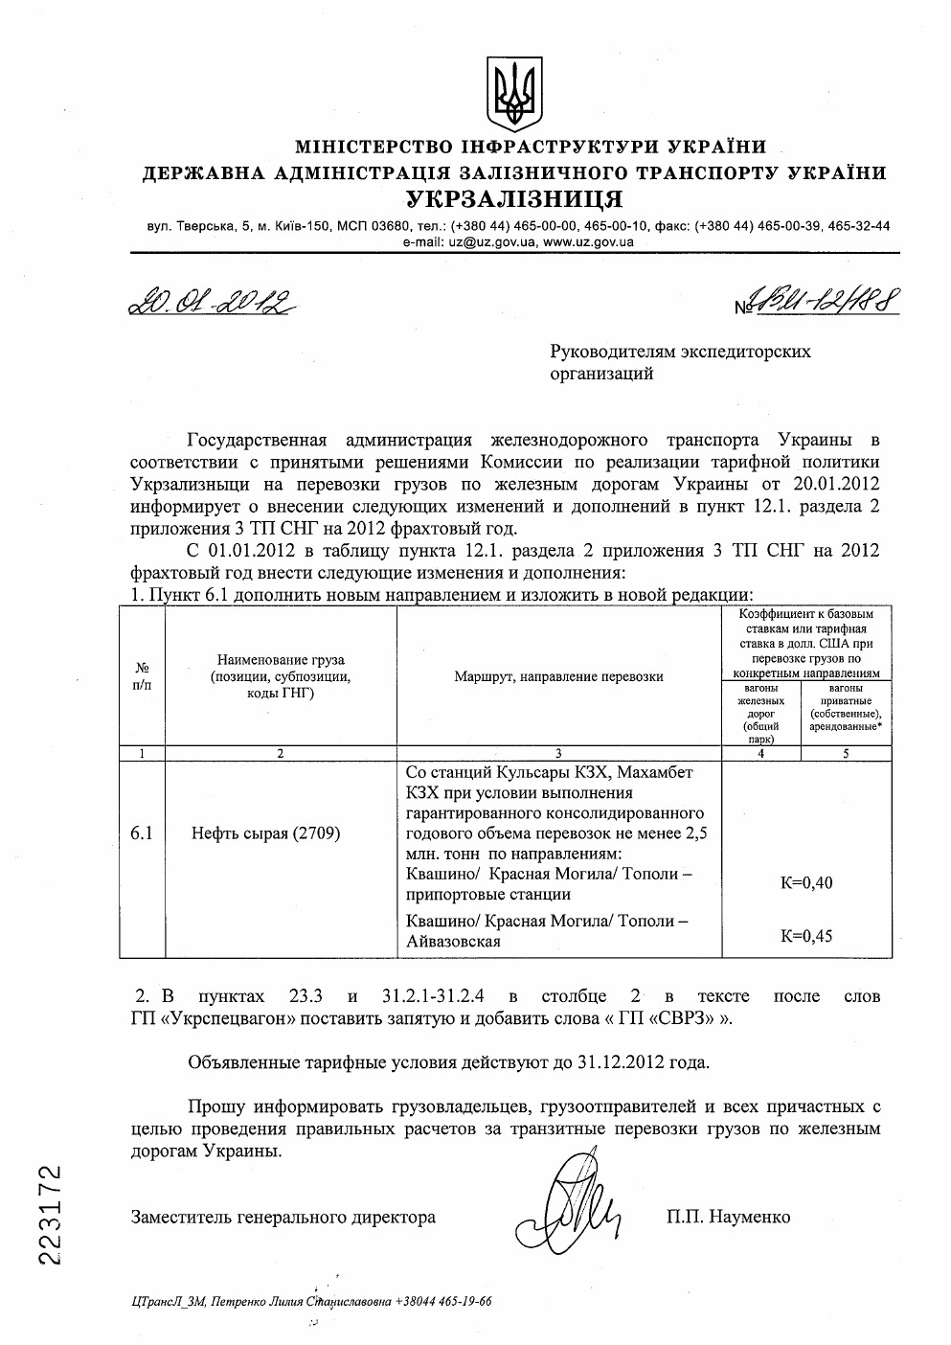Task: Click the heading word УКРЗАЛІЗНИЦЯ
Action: pyautogui.click(x=514, y=199)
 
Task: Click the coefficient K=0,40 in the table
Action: pyautogui.click(x=806, y=882)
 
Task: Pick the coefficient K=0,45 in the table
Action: pyautogui.click(x=806, y=936)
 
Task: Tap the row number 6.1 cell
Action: pyautogui.click(x=142, y=832)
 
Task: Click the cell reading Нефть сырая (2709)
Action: pyautogui.click(x=265, y=832)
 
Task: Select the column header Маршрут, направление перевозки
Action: pyautogui.click(x=558, y=676)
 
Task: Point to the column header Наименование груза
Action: pyautogui.click(x=281, y=660)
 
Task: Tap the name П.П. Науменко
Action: pyautogui.click(x=729, y=1217)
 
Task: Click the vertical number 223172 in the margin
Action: pyautogui.click(x=52, y=1214)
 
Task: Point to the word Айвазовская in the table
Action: pyautogui.click(x=453, y=942)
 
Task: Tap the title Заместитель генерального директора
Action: pyautogui.click(x=283, y=1217)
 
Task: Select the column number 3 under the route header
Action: pyautogui.click(x=558, y=753)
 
